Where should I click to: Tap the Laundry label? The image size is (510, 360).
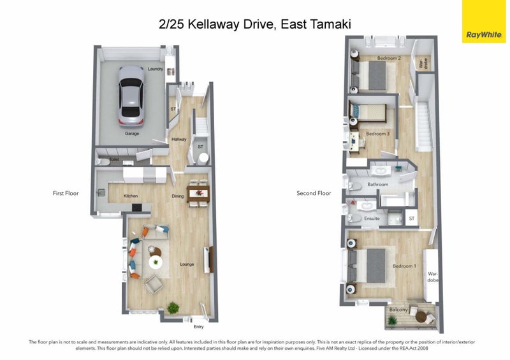[156, 69]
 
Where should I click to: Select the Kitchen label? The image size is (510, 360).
[131, 196]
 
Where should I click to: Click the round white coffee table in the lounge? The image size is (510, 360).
[156, 262]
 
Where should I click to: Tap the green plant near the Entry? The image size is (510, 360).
[173, 308]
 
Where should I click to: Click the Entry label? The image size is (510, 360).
[198, 327]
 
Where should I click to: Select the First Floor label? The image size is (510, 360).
[66, 192]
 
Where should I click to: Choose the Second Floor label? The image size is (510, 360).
[315, 193]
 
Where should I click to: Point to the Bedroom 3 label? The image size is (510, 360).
[377, 134]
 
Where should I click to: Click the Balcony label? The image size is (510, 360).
[398, 310]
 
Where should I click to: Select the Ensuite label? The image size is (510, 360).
[372, 219]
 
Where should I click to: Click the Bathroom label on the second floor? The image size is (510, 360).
[377, 185]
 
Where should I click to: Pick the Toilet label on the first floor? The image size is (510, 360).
[115, 160]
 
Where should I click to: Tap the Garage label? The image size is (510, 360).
[132, 134]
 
